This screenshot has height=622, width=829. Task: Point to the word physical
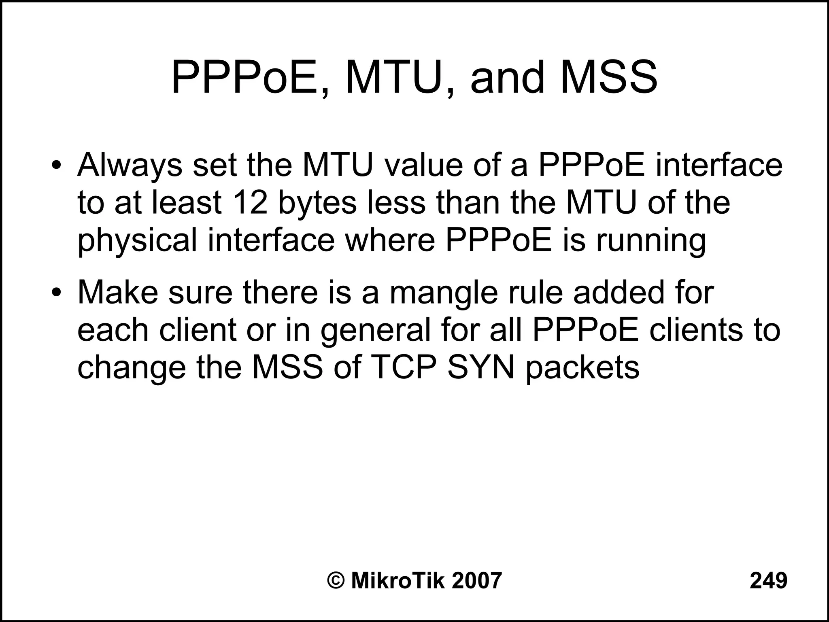point(137,240)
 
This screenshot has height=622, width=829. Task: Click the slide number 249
point(768,580)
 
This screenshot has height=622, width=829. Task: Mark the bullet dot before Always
point(56,166)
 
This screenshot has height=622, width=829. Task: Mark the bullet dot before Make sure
point(56,293)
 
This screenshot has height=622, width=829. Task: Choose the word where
point(389,240)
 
